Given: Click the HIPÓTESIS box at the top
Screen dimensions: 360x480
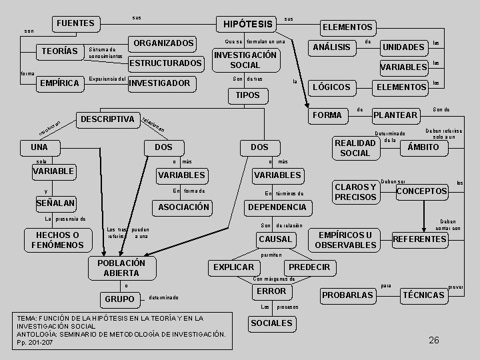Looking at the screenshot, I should click(x=248, y=24).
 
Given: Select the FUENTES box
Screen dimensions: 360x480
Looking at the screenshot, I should click(x=75, y=23).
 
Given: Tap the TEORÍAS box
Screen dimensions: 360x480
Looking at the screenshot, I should click(x=60, y=51).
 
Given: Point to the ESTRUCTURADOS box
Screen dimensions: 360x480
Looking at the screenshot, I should click(x=165, y=63).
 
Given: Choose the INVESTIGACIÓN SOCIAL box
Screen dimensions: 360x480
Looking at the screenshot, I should click(x=245, y=60).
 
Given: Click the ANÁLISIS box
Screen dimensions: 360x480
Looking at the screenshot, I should click(x=331, y=47).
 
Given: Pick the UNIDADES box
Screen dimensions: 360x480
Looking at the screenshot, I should click(x=403, y=47).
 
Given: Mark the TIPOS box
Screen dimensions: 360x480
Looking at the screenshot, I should click(x=245, y=95).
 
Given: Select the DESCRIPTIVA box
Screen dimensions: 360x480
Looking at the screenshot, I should click(x=107, y=119).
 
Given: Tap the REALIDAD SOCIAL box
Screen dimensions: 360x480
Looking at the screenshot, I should click(x=355, y=148).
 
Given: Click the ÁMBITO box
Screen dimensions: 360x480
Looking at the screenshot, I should click(x=423, y=147).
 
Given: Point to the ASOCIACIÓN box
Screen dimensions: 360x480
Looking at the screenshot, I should click(x=183, y=207).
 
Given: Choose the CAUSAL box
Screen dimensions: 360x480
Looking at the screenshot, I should click(x=275, y=239).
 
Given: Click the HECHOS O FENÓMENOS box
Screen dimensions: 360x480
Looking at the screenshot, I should click(x=57, y=240).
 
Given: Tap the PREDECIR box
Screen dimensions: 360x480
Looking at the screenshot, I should click(x=309, y=267).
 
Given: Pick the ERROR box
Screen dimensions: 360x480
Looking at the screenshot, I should click(x=271, y=291).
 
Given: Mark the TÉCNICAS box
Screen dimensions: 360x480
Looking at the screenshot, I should click(x=423, y=295).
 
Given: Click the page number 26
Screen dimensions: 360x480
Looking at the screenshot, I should click(x=434, y=340).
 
